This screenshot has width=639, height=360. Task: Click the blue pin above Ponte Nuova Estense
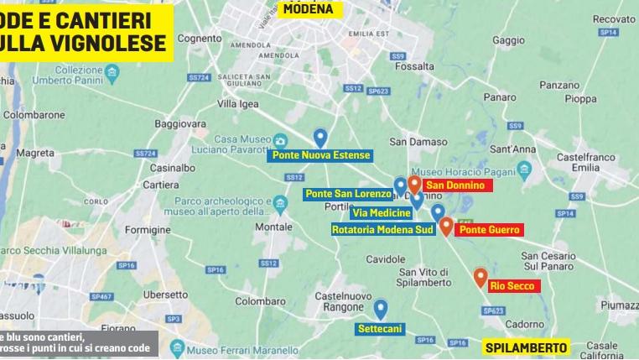[319, 138]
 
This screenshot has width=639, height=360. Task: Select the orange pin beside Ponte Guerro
[446, 226]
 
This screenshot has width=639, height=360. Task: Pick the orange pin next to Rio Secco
[481, 277]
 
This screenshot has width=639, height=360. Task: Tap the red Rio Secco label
[512, 286]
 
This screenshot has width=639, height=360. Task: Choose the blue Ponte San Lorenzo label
[348, 194]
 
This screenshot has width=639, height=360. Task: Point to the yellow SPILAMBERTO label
[526, 347]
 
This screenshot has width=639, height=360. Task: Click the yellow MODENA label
[307, 9]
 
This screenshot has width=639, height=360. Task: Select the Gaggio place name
[508, 39]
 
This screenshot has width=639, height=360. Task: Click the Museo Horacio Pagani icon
[524, 170]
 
